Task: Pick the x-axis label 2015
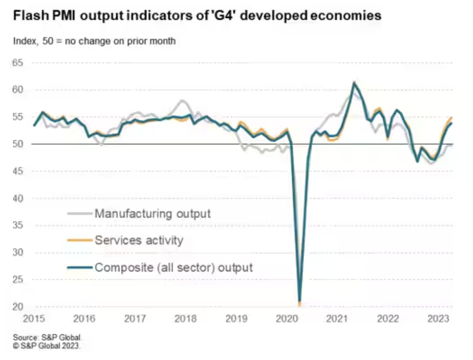coord(34,319)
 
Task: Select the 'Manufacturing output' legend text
coord(153,214)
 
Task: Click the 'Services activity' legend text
coord(139,241)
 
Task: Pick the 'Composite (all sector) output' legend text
coord(174,268)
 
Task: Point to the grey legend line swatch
coord(80,214)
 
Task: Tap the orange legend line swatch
coord(80,241)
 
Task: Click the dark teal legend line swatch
coord(80,268)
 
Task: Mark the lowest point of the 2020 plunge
coord(300,301)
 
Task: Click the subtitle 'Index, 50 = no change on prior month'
coord(94,41)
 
